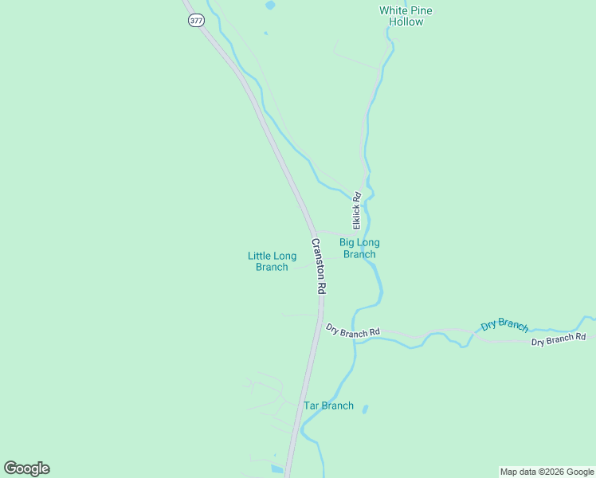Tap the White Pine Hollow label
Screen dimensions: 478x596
406,16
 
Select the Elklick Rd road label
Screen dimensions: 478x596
357,210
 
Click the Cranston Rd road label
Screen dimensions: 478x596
319,266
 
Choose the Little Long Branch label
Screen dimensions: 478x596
272,261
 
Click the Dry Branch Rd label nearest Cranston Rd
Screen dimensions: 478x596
353,331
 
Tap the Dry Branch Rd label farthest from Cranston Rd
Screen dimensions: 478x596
559,339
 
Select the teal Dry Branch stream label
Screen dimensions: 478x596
504,325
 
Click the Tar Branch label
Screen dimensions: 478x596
328,406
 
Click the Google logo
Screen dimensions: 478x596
26,468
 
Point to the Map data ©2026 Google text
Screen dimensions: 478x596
546,472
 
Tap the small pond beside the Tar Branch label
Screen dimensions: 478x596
365,409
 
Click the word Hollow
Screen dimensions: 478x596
406,22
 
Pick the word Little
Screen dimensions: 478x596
260,256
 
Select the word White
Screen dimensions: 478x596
394,10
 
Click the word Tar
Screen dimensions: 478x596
312,406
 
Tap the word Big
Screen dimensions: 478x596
348,242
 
